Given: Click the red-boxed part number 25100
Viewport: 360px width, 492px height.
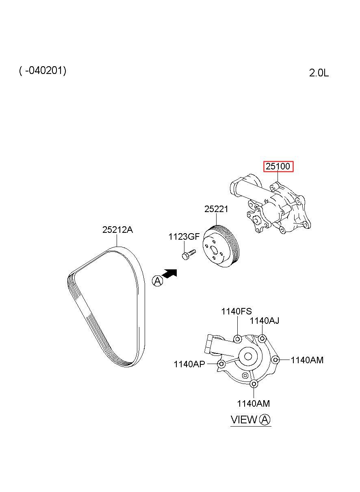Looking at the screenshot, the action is click(x=278, y=167).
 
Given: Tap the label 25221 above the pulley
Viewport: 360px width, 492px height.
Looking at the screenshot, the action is click(x=216, y=209).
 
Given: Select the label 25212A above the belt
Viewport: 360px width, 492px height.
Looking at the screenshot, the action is click(x=117, y=230).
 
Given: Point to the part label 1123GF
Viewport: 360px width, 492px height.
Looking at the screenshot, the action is click(x=184, y=237).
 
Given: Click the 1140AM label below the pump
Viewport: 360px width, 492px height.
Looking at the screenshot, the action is click(x=253, y=403).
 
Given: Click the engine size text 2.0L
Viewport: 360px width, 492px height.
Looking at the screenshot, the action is click(x=319, y=73).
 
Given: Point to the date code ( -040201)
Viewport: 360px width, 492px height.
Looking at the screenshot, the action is click(x=43, y=71).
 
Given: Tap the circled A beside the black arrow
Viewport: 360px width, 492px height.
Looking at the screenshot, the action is click(x=158, y=281).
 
